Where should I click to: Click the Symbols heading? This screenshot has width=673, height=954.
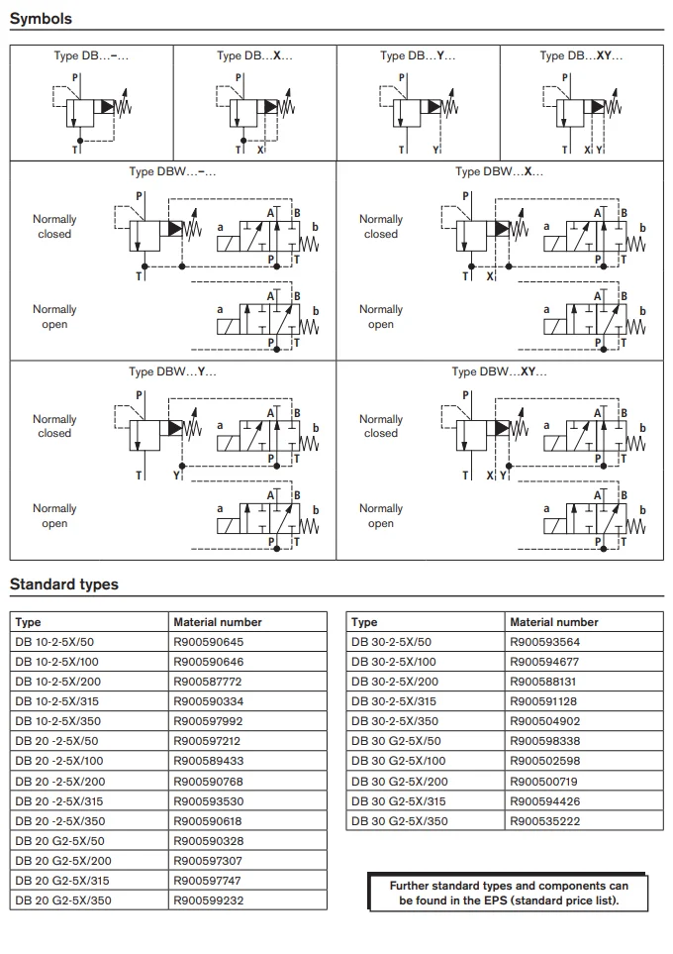41,19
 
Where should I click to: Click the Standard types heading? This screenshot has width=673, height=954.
63,584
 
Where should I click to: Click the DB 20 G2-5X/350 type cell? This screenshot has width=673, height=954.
62,901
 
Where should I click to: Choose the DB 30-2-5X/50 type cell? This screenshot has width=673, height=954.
391,642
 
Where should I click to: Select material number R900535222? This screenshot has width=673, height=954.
544,821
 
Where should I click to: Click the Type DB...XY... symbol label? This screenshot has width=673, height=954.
581,55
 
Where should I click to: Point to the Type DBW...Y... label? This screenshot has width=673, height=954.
172,371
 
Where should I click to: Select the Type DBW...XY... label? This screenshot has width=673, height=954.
499,371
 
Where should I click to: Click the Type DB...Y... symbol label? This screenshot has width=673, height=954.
418,55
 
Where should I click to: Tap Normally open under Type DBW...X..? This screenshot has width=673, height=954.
381,317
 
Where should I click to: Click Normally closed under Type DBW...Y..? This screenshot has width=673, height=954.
54,426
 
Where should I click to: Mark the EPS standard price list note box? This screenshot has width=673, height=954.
508,893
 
